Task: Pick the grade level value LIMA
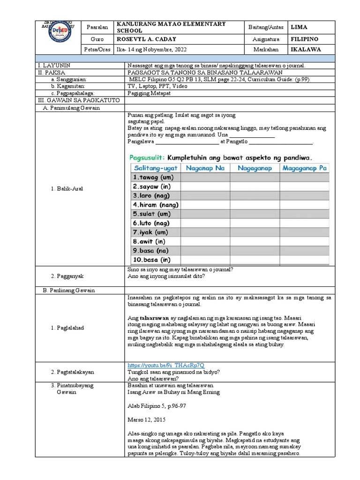[300, 28]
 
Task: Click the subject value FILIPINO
[305, 40]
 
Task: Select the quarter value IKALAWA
[306, 49]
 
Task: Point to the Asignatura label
[266, 40]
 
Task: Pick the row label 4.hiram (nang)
[155, 205]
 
